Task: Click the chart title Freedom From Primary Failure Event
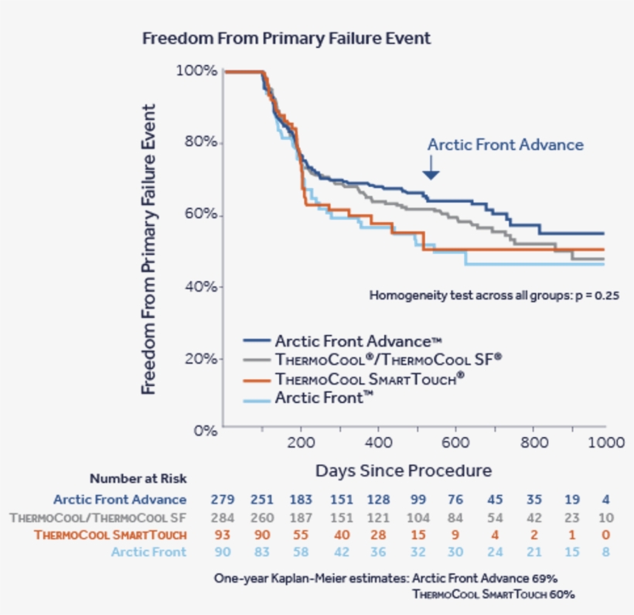pos(286,38)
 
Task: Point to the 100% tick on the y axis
pos(196,71)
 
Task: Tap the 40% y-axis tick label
pos(199,287)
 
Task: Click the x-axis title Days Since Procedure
pos(403,470)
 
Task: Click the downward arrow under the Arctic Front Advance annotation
pos(431,168)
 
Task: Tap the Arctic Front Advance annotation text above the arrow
pos(506,145)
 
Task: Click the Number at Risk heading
pos(138,479)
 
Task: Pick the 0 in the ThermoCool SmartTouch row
pos(606,535)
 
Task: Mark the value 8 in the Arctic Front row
pos(606,552)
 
